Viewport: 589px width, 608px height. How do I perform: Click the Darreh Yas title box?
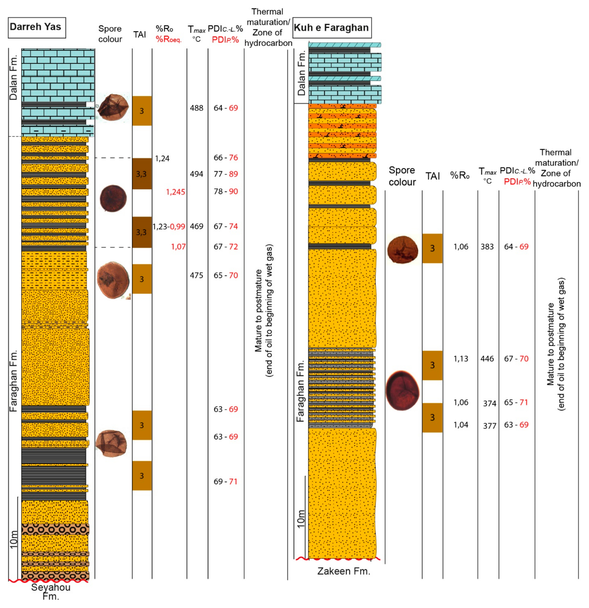pos(37,27)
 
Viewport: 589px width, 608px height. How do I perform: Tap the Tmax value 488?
pos(196,108)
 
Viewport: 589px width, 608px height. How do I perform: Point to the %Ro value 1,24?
pos(162,159)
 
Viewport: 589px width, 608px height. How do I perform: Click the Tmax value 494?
pos(196,174)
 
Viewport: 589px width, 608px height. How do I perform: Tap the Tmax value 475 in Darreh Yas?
pos(196,275)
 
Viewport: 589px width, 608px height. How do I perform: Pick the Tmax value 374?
pos(489,403)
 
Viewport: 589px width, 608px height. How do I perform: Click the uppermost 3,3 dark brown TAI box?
pos(142,174)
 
